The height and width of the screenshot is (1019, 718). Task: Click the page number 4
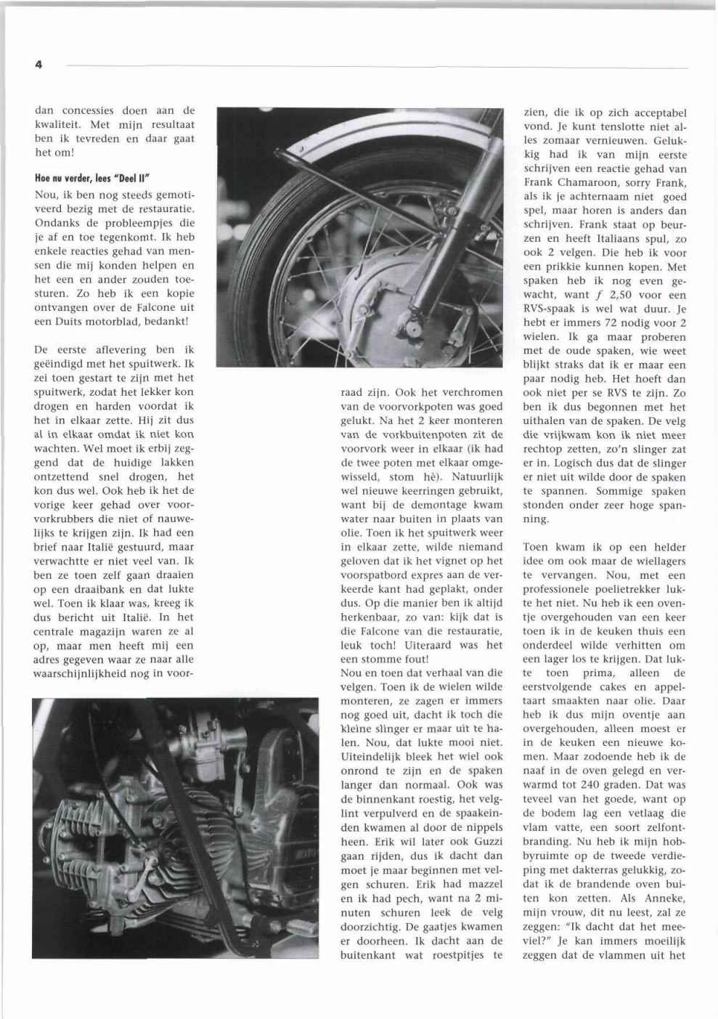pyautogui.click(x=38, y=65)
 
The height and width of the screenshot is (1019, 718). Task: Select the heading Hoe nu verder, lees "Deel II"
pyautogui.click(x=92, y=179)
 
